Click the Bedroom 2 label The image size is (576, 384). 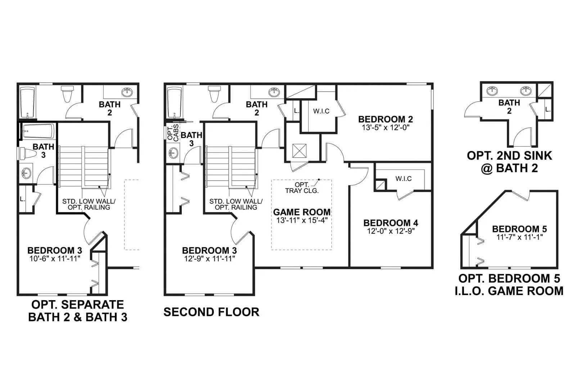(x=386, y=119)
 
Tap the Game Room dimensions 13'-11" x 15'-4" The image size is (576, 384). (x=302, y=220)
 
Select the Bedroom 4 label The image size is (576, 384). (x=391, y=223)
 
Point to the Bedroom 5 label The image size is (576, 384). (x=519, y=229)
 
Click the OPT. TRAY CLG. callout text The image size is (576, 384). (x=302, y=188)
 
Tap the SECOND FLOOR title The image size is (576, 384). (x=211, y=312)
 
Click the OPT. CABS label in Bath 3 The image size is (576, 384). (x=173, y=133)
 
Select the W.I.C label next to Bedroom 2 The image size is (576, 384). (x=321, y=111)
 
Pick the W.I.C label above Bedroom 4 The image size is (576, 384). (x=404, y=179)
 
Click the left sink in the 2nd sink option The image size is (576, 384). (x=492, y=90)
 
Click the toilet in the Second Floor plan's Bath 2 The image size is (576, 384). (x=215, y=94)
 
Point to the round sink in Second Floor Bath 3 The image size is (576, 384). (x=173, y=153)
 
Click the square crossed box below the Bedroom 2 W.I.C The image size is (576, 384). (x=299, y=151)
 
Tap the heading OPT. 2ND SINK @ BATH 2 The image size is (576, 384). (x=509, y=162)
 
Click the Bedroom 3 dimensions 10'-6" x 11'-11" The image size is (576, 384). (x=55, y=258)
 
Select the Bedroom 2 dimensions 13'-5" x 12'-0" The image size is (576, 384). (x=386, y=127)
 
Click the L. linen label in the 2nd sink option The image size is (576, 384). (x=548, y=109)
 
